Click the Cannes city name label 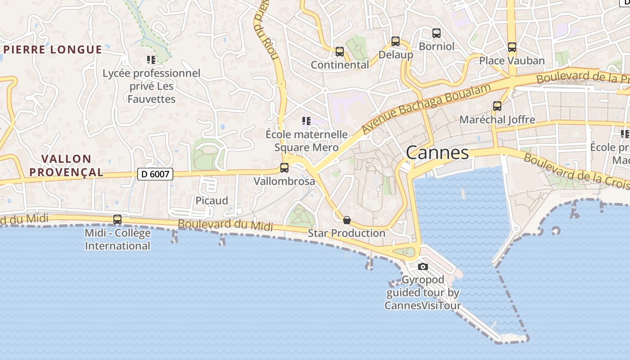pos(437,153)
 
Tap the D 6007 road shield pos(155,174)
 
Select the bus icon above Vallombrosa pos(284,168)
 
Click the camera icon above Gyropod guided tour pos(423,266)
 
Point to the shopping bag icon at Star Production pos(346,220)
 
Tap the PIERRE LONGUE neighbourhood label pos(53,49)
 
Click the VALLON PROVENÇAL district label pos(72,165)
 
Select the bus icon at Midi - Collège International pos(117,220)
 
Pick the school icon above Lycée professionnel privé pos(151,59)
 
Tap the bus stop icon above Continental pos(340,52)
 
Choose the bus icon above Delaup pos(396,41)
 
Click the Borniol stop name pos(436,46)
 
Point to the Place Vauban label pos(512,61)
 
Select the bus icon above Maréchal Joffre pos(497,106)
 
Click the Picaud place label pos(211,200)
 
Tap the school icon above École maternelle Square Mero pos(306,121)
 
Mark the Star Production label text pos(346,233)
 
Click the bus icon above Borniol pos(436,33)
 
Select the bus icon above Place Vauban pos(512,47)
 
